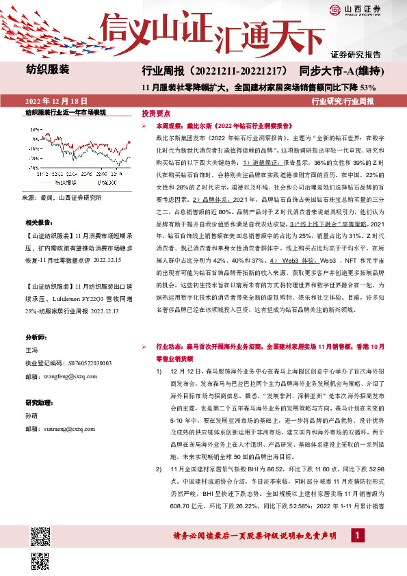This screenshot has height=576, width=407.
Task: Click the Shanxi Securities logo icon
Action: pyautogui.click(x=334, y=9)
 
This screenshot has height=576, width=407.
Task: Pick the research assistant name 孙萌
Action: pyautogui.click(x=32, y=416)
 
